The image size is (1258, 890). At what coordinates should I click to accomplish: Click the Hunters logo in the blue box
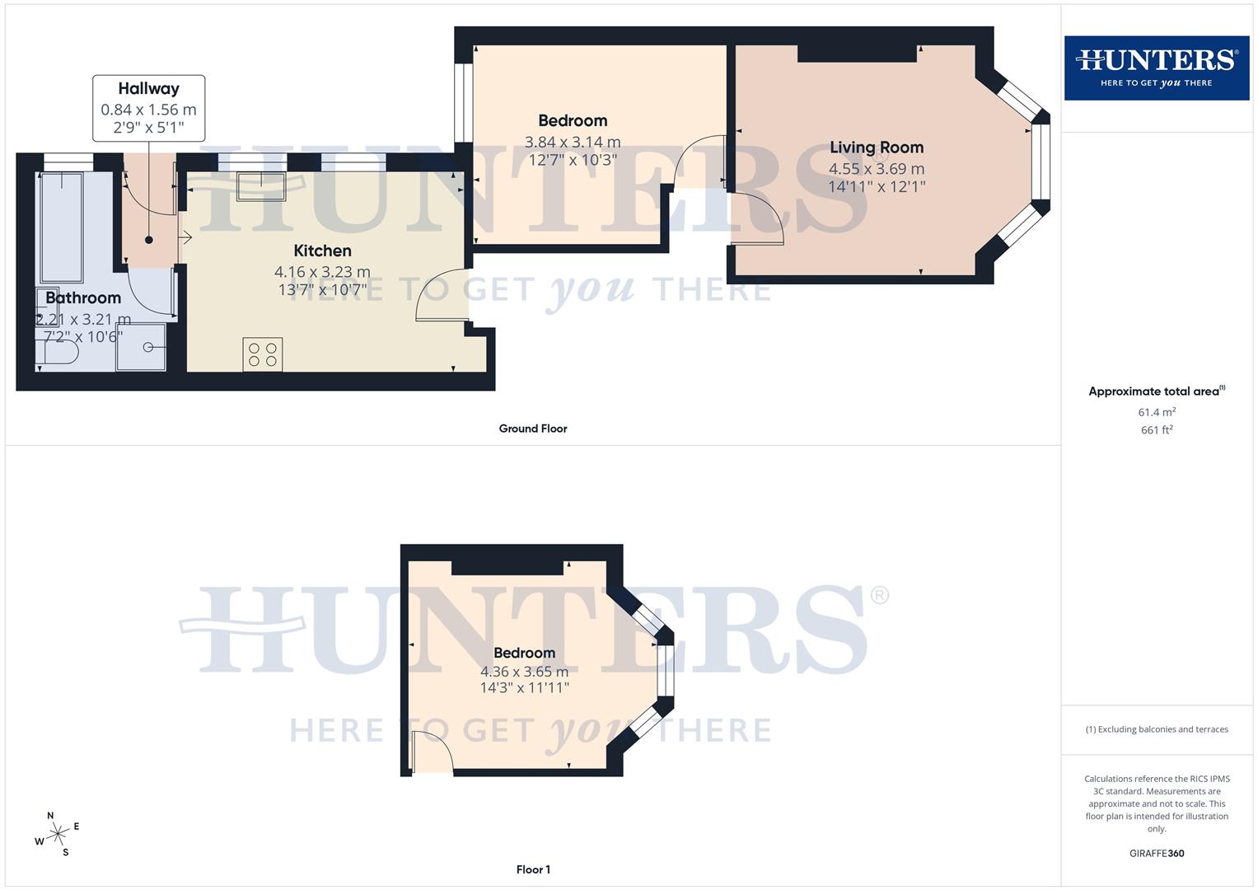(1156, 68)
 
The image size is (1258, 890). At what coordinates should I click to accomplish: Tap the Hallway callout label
(148, 89)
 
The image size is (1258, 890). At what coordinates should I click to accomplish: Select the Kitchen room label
(322, 251)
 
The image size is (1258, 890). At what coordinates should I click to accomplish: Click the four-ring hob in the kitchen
(262, 354)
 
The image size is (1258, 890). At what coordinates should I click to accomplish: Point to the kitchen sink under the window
(260, 186)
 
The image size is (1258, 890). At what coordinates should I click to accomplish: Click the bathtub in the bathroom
(62, 227)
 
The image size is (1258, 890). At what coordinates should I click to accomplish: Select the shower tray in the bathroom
(141, 347)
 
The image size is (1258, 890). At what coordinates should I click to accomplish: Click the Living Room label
(876, 148)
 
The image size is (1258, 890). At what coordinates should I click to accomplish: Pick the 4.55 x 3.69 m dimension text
(876, 168)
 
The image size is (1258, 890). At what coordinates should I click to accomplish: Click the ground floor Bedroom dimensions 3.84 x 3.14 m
(573, 142)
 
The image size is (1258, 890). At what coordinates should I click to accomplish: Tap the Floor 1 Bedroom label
(524, 653)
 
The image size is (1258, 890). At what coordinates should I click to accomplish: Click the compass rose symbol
(57, 835)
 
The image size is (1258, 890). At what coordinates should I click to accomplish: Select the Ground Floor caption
(532, 429)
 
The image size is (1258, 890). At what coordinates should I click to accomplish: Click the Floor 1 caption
(533, 869)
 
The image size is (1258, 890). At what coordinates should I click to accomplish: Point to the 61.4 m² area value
(1156, 412)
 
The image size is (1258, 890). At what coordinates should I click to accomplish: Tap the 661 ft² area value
(1156, 430)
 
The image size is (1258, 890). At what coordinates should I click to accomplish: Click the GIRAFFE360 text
(1156, 854)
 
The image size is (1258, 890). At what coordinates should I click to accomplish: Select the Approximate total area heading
(1156, 391)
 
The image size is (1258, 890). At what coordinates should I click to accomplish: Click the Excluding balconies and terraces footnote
(1156, 729)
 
